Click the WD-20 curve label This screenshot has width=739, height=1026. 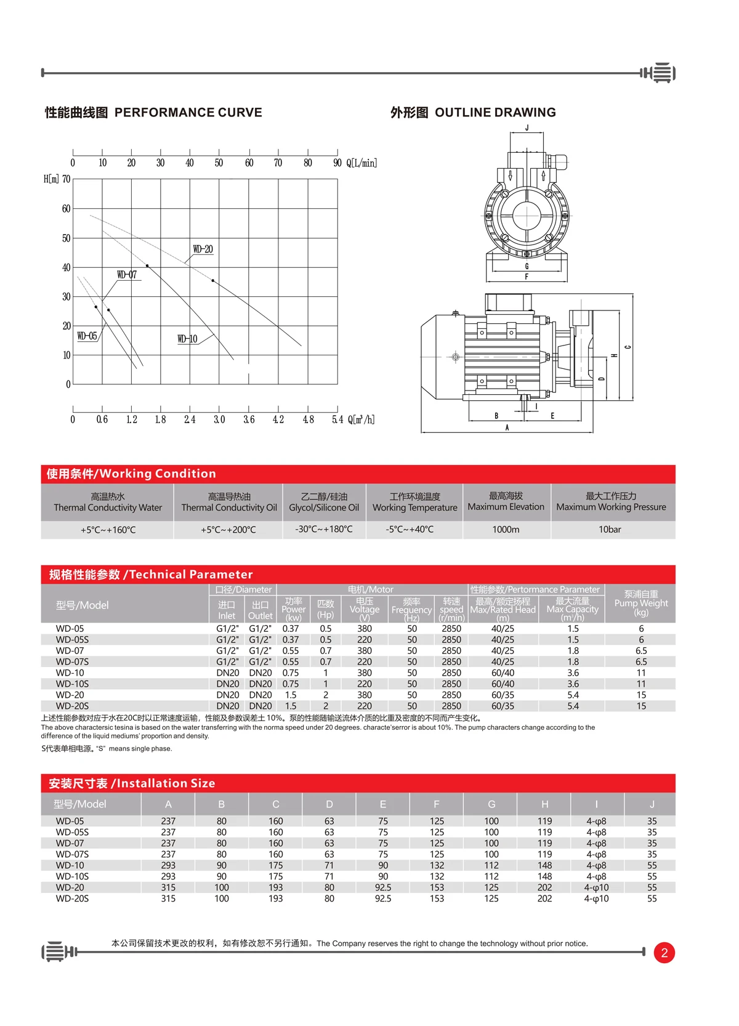(203, 249)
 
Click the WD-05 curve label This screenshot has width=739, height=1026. (87, 336)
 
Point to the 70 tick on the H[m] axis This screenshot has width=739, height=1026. (67, 179)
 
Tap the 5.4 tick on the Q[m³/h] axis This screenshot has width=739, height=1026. (337, 419)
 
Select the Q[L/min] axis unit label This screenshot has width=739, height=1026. (361, 163)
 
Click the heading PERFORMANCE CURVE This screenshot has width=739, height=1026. (188, 113)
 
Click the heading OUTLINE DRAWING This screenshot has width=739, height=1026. (495, 113)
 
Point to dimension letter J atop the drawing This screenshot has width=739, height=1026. (527, 128)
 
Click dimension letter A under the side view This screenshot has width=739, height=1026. (507, 427)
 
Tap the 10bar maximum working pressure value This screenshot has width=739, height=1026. (610, 530)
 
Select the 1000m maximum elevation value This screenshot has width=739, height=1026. (506, 530)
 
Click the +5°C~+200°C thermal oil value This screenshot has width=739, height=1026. (228, 530)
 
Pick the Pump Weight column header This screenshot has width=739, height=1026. (640, 603)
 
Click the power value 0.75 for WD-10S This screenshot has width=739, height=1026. (291, 684)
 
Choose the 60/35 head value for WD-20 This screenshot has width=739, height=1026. (503, 695)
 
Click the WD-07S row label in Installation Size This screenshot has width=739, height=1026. (72, 855)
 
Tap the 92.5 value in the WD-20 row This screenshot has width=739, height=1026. (382, 888)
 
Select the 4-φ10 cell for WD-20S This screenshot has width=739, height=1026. (596, 899)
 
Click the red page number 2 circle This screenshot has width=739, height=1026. (664, 953)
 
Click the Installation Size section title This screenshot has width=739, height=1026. (132, 783)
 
